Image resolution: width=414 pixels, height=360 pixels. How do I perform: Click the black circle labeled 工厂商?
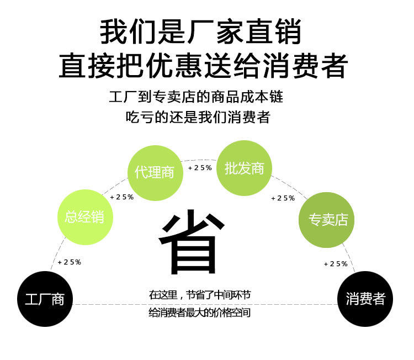click(x=45, y=299)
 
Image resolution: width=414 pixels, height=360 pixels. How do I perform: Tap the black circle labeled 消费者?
click(x=365, y=299)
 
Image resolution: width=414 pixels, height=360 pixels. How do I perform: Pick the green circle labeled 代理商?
click(x=155, y=172)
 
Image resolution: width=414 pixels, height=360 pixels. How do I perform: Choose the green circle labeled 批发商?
click(x=245, y=168)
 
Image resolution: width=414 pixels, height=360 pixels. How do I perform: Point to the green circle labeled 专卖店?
click(x=328, y=219)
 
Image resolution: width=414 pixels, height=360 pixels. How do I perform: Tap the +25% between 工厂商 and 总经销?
click(x=70, y=262)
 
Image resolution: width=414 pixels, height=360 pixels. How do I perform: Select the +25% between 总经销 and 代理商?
click(x=122, y=197)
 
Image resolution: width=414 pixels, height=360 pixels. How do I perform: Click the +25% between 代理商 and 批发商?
click(x=200, y=167)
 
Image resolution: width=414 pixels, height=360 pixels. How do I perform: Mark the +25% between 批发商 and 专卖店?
click(x=283, y=198)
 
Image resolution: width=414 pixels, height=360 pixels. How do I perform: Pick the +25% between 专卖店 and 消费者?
click(x=336, y=263)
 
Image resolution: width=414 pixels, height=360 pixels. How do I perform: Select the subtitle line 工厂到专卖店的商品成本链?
click(x=197, y=98)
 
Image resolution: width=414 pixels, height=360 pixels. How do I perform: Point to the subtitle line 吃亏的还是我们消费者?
click(x=198, y=118)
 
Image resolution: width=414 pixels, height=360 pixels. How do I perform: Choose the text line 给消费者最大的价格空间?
click(x=199, y=313)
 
